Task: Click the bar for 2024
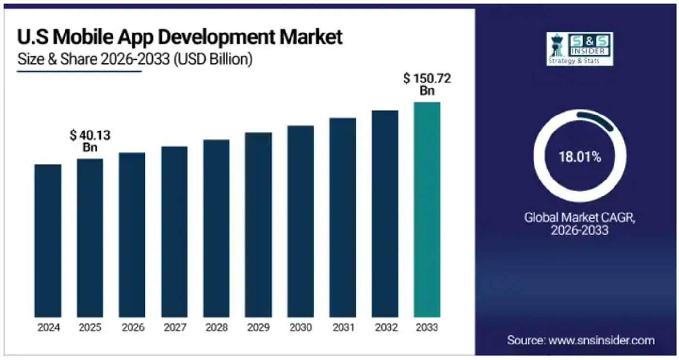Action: point(48,241)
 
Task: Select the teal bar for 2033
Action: point(427,210)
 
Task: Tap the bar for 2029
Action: point(258,225)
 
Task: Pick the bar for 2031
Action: point(342,217)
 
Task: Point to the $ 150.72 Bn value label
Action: point(427,84)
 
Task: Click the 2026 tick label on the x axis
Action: point(132,327)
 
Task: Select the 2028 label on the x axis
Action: point(216,327)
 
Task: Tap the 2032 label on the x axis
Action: point(385,327)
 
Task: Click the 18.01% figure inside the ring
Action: point(580,157)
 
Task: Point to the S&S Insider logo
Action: point(579,49)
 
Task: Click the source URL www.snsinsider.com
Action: point(601,340)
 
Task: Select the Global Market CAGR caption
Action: point(580,223)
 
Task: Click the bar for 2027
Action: point(174,231)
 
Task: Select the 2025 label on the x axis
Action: point(90,327)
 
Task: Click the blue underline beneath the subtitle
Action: point(79,71)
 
